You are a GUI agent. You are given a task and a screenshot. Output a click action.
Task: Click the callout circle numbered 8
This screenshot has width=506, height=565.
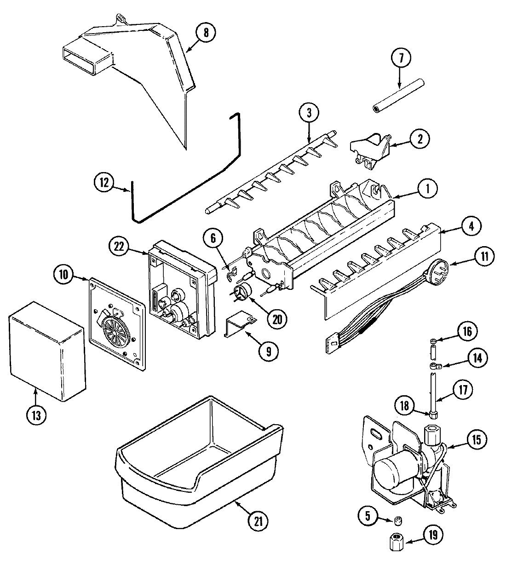click(x=206, y=33)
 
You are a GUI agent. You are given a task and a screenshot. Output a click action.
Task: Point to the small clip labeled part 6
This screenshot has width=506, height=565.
click(x=231, y=274)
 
